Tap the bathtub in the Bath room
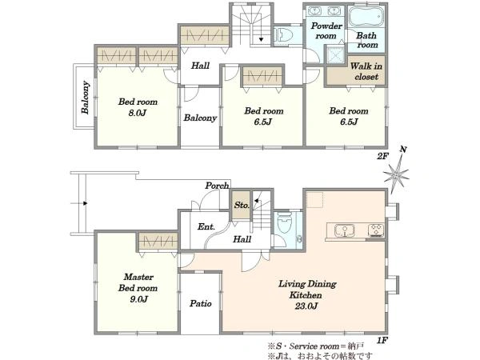366,17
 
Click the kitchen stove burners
376,230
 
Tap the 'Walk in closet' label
366,71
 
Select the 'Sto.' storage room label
242,205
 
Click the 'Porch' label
217,186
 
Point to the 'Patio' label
201,303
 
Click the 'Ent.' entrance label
206,227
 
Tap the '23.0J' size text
306,306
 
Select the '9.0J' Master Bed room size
139,299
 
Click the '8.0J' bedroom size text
138,113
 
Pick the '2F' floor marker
382,156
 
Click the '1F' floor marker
382,340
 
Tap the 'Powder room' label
326,30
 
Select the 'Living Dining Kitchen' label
306,290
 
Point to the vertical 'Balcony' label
86,98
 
